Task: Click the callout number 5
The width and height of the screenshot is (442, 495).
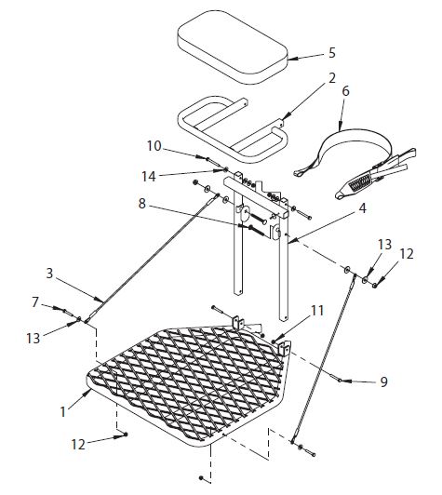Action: (x=306, y=54)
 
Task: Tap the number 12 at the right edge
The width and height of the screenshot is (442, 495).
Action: (x=407, y=253)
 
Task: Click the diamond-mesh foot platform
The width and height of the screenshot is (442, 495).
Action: (x=186, y=372)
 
